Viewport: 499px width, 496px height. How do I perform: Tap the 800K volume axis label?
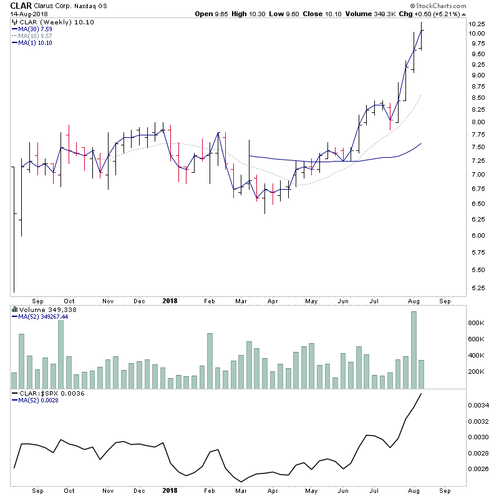click(x=476, y=323)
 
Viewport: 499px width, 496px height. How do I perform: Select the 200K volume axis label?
click(x=476, y=372)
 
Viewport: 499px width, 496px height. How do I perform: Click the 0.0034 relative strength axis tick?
click(x=479, y=406)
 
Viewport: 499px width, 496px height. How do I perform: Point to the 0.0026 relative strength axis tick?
click(x=479, y=469)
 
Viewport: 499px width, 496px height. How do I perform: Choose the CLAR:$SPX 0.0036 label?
click(x=49, y=394)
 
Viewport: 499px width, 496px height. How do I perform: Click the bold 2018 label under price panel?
click(x=170, y=300)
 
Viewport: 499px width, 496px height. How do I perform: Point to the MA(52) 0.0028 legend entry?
click(x=39, y=401)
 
